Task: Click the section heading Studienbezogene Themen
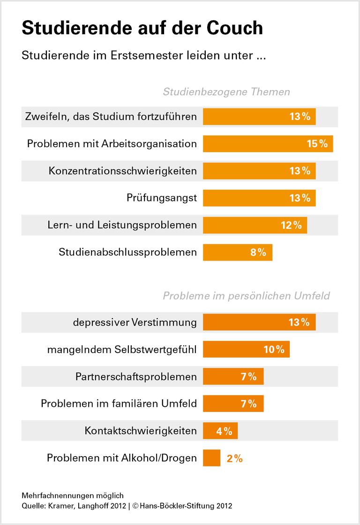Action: (226, 92)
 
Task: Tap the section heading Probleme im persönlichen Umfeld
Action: (246, 296)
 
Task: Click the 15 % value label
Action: (317, 143)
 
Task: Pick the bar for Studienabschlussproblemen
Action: (237, 252)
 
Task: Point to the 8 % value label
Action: (258, 252)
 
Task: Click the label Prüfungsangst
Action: (161, 198)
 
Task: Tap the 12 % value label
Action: (291, 225)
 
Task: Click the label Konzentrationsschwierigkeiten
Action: (122, 171)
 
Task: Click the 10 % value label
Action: (274, 349)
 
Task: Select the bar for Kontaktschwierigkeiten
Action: (220, 431)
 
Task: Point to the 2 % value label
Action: (234, 458)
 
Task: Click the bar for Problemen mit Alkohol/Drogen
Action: (211, 458)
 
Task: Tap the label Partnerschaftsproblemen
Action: (136, 376)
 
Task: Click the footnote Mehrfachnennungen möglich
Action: (72, 495)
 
